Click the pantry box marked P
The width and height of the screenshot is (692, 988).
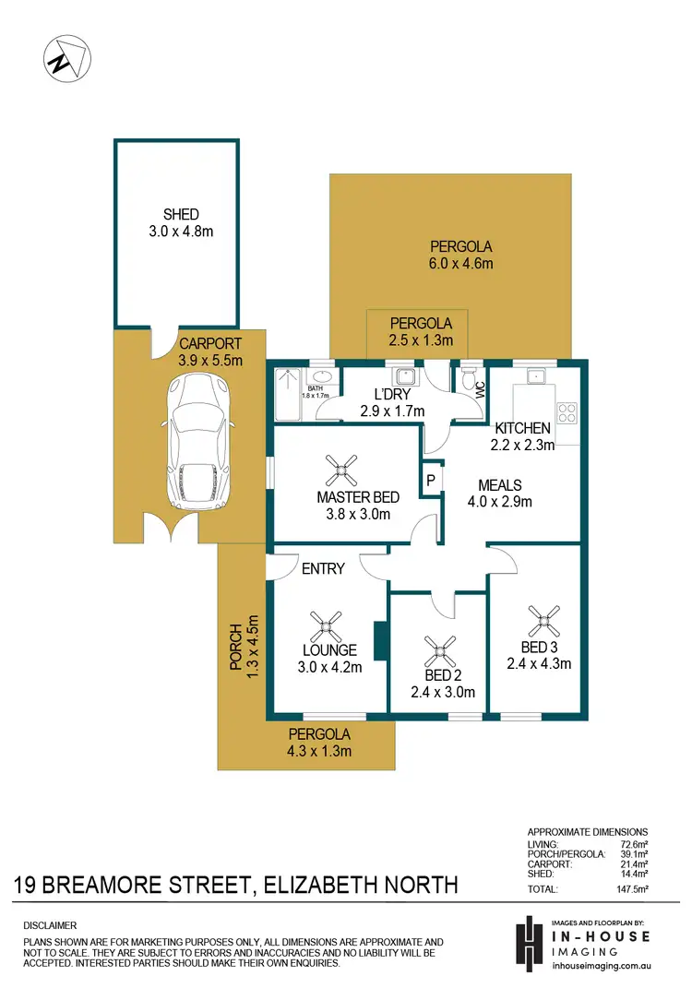click(x=430, y=481)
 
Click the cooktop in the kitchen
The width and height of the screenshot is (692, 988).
click(x=566, y=412)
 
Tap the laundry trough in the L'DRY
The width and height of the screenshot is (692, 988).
click(x=404, y=376)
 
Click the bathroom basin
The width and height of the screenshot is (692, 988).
click(x=323, y=376)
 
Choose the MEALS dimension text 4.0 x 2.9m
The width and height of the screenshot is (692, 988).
click(x=500, y=502)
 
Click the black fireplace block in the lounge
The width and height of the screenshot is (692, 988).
click(x=379, y=637)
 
